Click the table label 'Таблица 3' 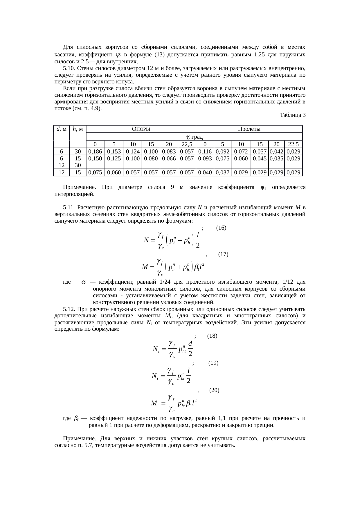click(x=292, y=115)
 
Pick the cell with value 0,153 click(x=114, y=151)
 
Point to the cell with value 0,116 click(x=205, y=151)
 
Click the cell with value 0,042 click(x=276, y=151)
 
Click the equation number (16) click(x=221, y=228)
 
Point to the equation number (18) click(x=213, y=336)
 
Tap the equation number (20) click(x=214, y=390)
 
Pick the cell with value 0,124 click(x=133, y=151)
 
